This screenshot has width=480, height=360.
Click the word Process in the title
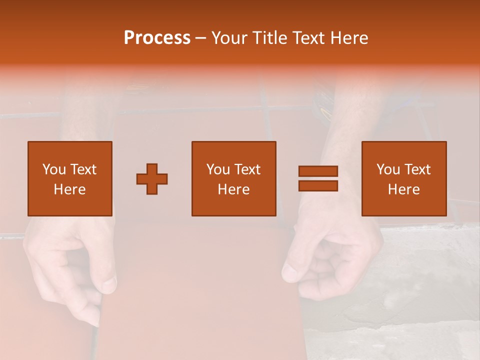pyautogui.click(x=157, y=38)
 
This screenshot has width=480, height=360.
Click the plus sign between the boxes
pyautogui.click(x=152, y=179)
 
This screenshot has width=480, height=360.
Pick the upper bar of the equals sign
pyautogui.click(x=318, y=171)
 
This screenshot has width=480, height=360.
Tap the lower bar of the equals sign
pyautogui.click(x=318, y=186)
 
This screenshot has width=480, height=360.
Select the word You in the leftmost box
pyautogui.click(x=54, y=169)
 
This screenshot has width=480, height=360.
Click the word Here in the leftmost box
pyautogui.click(x=70, y=189)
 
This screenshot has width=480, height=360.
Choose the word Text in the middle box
pyautogui.click(x=247, y=169)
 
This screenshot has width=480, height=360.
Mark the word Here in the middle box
pyautogui.click(x=234, y=189)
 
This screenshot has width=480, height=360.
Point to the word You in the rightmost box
pyautogui.click(x=388, y=169)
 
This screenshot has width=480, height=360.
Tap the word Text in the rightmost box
pyautogui.click(x=417, y=169)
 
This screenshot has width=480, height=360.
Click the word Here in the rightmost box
pyautogui.click(x=404, y=189)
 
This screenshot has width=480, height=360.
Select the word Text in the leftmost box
pyautogui.click(x=83, y=169)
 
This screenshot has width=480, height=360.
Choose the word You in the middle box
pyautogui.click(x=218, y=169)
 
